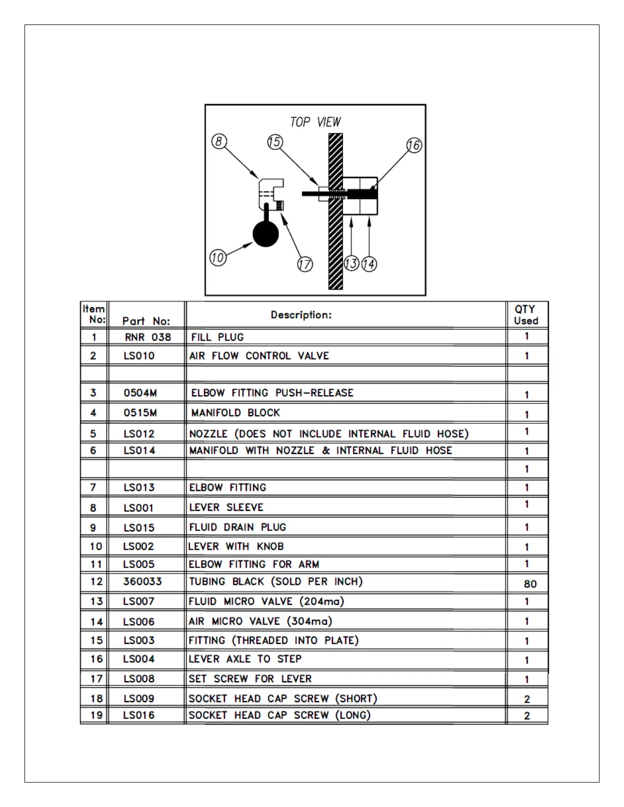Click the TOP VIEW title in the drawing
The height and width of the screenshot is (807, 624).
pos(315,122)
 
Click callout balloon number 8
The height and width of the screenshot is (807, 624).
pos(219,141)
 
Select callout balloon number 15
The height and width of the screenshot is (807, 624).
pos(275,142)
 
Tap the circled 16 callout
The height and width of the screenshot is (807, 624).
pos(414,145)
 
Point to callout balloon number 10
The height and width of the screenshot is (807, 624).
pos(218,258)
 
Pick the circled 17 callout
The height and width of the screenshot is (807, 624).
pos(304,264)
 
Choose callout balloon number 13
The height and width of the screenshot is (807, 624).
pos(351,264)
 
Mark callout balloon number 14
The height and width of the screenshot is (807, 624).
pos(369,264)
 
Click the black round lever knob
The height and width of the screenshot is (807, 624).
pos(266,234)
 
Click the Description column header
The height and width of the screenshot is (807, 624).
pos(301,315)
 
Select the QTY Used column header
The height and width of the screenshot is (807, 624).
pos(526,315)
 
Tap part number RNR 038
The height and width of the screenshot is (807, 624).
pos(148,337)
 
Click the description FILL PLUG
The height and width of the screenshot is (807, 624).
pos(217,337)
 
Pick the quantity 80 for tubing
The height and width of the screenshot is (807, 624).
pos(530,584)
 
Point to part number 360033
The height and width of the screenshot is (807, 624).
pos(142,581)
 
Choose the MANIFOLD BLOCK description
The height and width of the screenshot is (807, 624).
pos(236,413)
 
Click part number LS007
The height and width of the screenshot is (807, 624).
pos(139,602)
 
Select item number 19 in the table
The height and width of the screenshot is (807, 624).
pos(96,715)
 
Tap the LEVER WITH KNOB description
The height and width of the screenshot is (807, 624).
pos(236,547)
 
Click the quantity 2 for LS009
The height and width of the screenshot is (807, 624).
pos(527,699)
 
